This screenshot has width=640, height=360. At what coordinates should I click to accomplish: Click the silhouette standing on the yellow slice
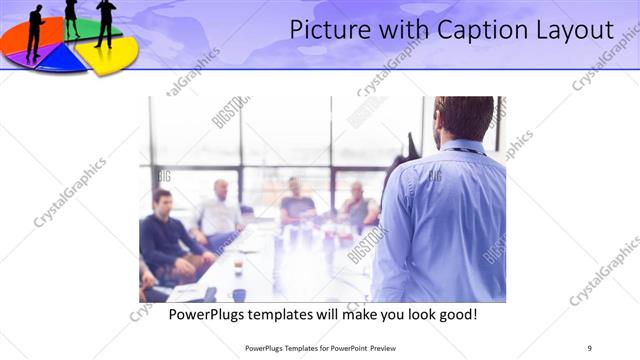(105, 22)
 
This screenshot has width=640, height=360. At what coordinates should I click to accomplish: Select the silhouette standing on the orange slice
(35, 30)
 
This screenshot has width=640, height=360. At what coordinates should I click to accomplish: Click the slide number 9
(590, 348)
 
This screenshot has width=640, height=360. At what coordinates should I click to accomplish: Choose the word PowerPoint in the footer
(345, 348)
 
